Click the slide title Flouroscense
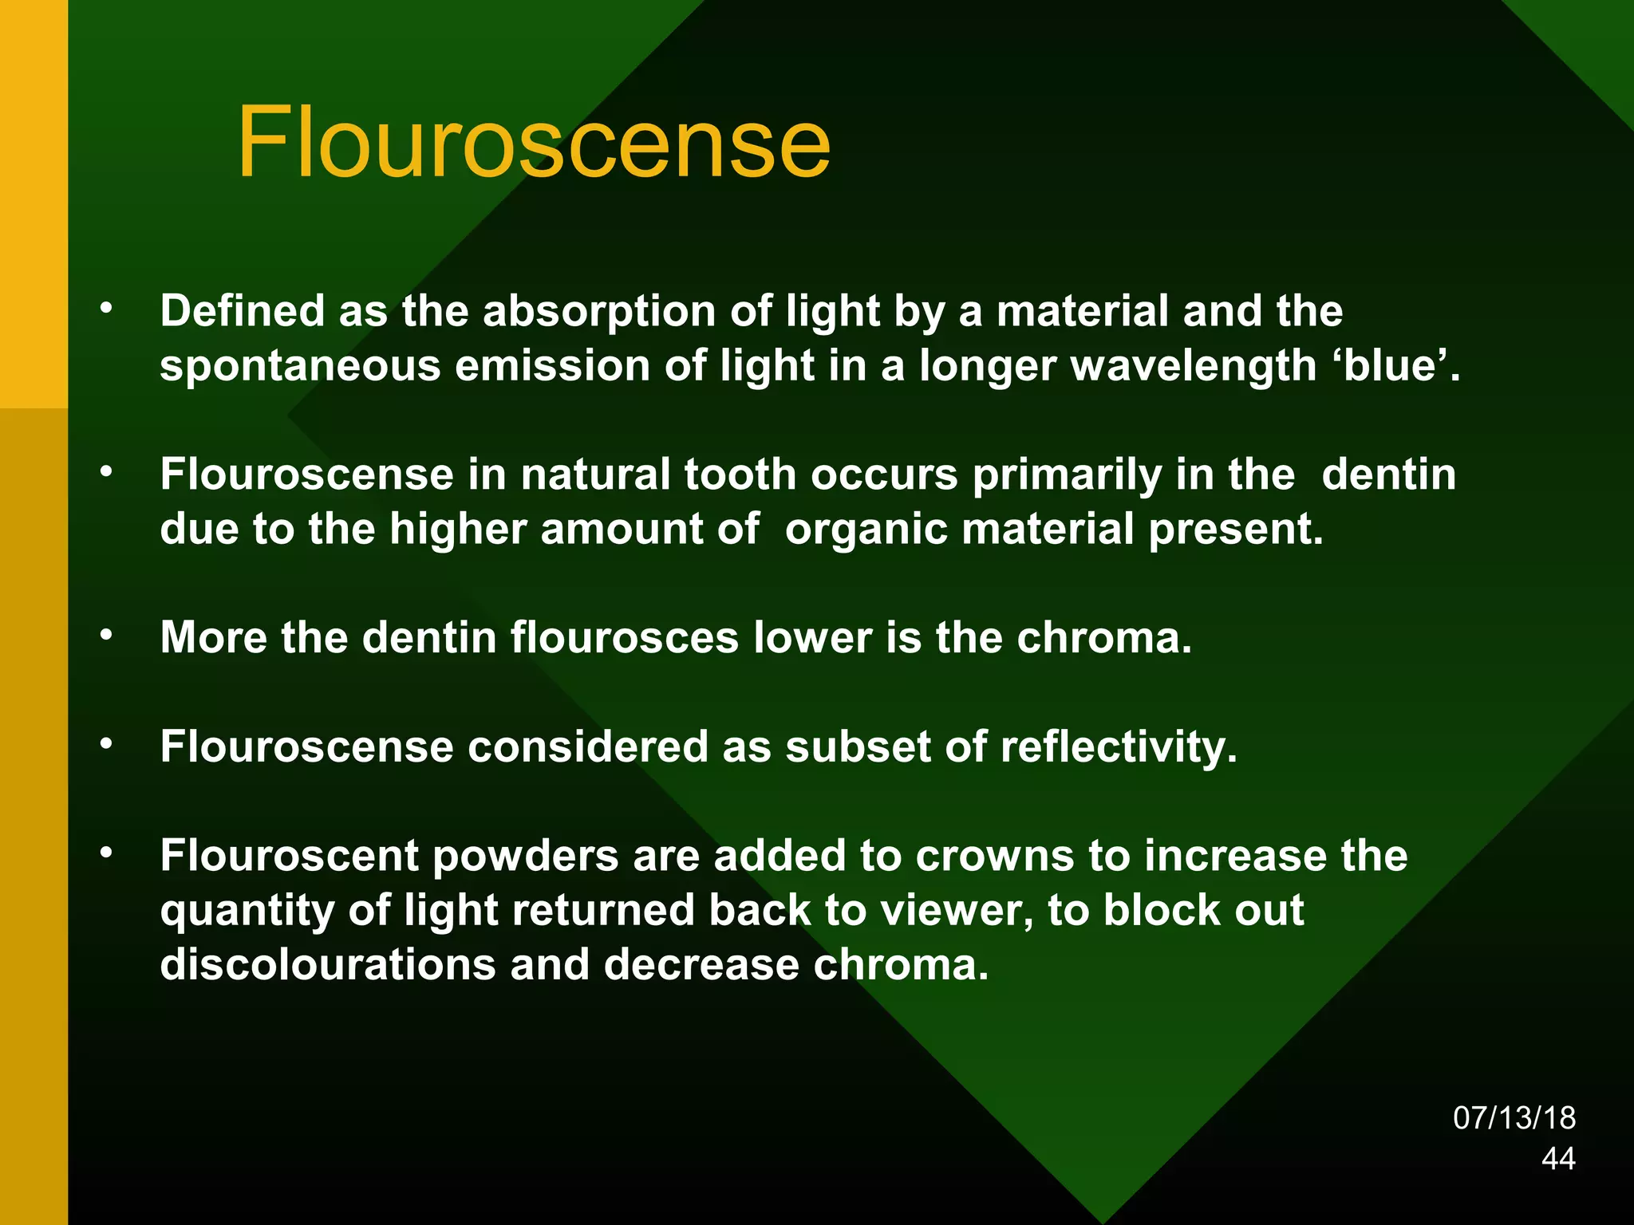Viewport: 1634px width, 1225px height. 533,144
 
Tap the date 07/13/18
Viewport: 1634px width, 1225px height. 1514,1118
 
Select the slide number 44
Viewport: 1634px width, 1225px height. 1558,1159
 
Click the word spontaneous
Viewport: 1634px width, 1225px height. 300,366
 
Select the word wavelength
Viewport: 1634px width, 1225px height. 1194,366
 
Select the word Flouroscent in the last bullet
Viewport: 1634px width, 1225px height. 289,856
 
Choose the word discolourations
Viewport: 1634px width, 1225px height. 327,964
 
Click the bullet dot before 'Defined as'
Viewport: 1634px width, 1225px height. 106,309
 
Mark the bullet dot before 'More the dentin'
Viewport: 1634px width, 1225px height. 106,636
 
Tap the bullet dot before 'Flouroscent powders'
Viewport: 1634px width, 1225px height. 106,853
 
